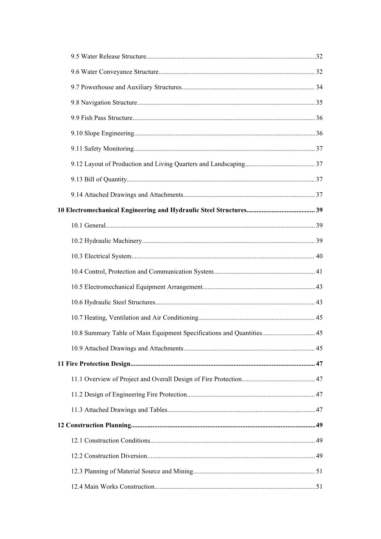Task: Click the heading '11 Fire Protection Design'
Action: tap(94, 364)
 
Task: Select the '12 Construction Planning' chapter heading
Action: tap(94, 425)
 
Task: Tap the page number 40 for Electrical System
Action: tap(319, 256)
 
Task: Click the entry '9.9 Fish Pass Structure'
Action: tap(102, 118)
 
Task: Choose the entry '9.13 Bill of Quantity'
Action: tap(99, 179)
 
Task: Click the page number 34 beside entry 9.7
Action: tap(319, 87)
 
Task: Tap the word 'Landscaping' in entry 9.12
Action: tap(227, 164)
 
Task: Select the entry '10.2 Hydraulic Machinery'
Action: tap(107, 241)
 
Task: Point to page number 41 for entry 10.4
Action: tap(319, 272)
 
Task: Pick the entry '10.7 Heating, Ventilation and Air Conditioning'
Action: tap(135, 318)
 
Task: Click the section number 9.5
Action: tap(75, 57)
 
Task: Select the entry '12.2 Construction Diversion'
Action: tap(109, 456)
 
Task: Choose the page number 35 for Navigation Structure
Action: tap(319, 103)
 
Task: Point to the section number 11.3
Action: tap(77, 410)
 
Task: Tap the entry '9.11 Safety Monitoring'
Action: tap(102, 149)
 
